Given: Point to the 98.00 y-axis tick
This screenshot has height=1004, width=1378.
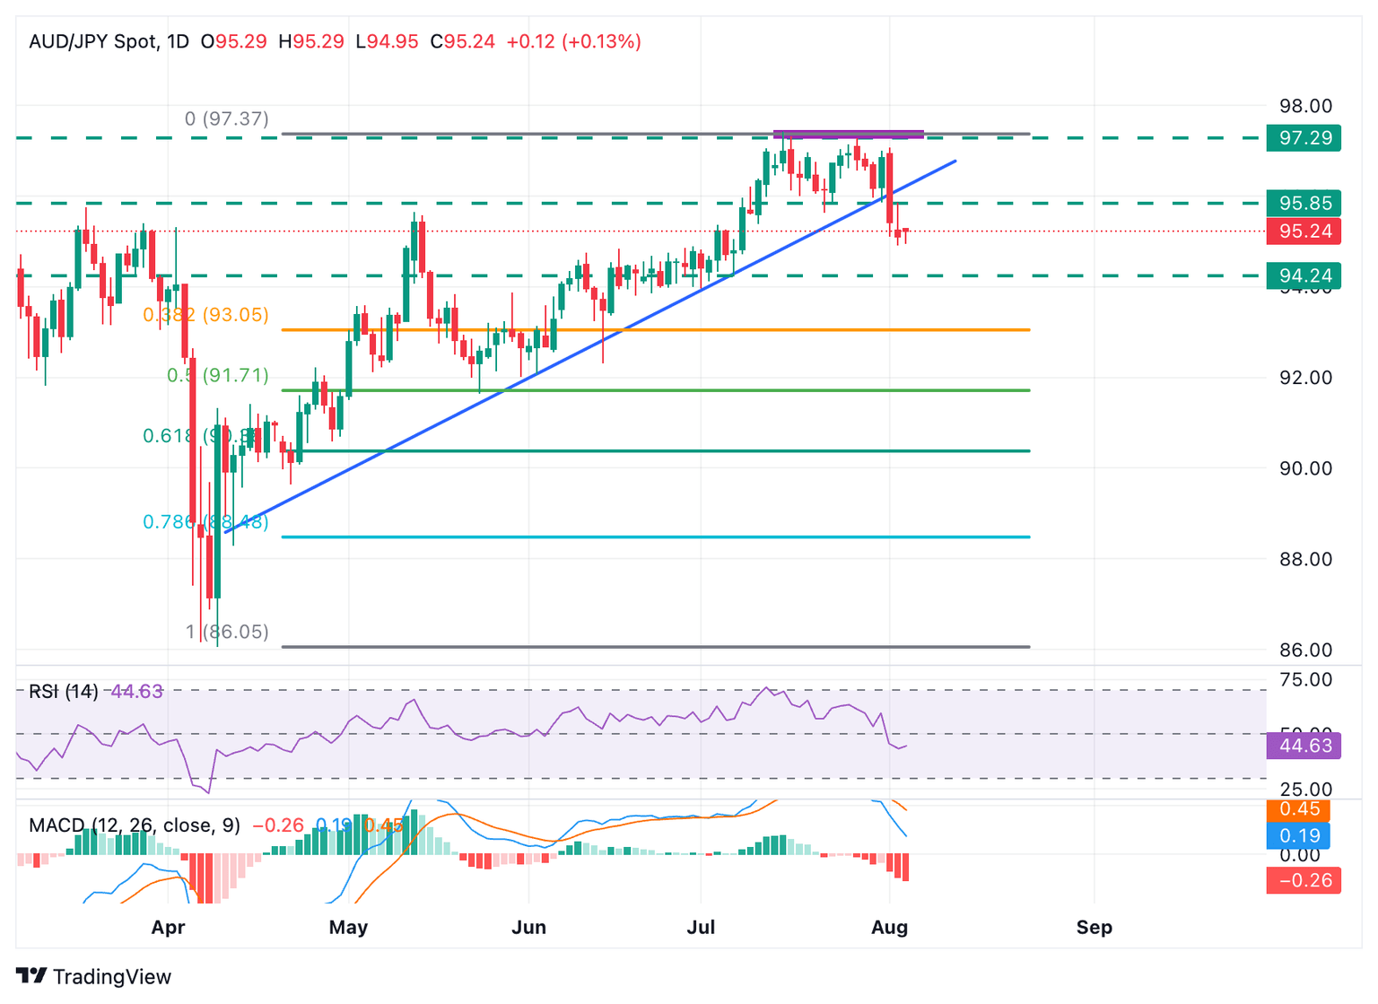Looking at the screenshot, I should (1304, 106).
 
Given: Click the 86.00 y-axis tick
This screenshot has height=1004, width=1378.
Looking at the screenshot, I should (1304, 650).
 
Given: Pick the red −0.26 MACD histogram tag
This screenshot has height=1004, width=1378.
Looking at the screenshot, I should (1303, 880).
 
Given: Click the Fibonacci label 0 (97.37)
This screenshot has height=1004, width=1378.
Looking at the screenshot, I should (226, 118).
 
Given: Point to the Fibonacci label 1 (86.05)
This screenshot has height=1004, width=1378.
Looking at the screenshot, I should (227, 632).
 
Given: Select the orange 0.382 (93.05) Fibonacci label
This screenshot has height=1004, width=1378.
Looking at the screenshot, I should (205, 315).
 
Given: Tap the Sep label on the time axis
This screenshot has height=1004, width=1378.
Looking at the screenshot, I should (1094, 927).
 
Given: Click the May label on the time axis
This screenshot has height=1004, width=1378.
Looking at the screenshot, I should (348, 927).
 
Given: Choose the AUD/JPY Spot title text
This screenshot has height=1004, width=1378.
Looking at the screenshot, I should (93, 41).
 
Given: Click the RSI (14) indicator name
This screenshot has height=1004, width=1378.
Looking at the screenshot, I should (63, 691).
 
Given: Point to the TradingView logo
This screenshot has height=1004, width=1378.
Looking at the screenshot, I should (93, 976).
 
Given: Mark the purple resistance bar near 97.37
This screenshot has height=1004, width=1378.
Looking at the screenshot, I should (848, 135).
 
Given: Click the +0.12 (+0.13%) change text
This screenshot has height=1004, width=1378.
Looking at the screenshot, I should (573, 41).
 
